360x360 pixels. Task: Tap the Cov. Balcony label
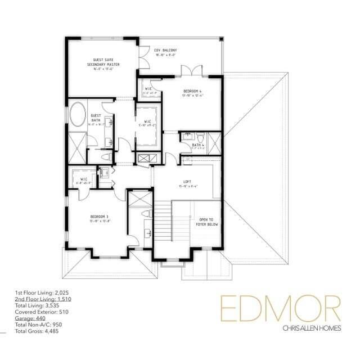click(165, 53)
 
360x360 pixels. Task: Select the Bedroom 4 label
click(193, 93)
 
